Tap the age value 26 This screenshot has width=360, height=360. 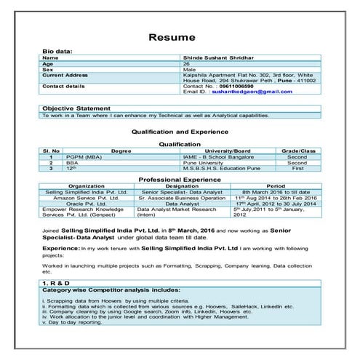click(x=185, y=63)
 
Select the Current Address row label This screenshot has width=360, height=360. click(x=65, y=75)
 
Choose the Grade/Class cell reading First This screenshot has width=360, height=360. click(x=298, y=167)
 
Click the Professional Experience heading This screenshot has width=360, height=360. click(x=180, y=179)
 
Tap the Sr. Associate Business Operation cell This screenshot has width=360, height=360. click(x=182, y=198)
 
